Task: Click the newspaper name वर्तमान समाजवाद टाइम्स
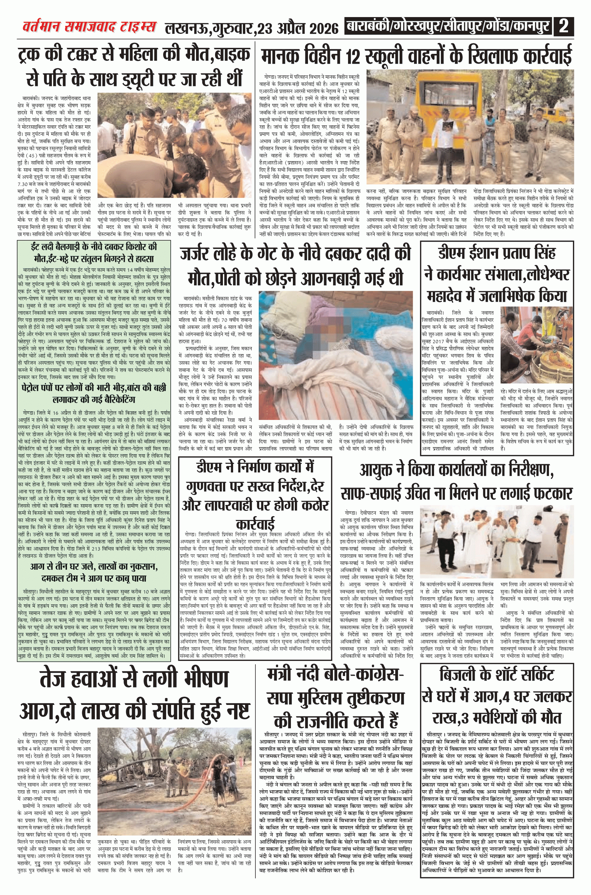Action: [89, 27]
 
